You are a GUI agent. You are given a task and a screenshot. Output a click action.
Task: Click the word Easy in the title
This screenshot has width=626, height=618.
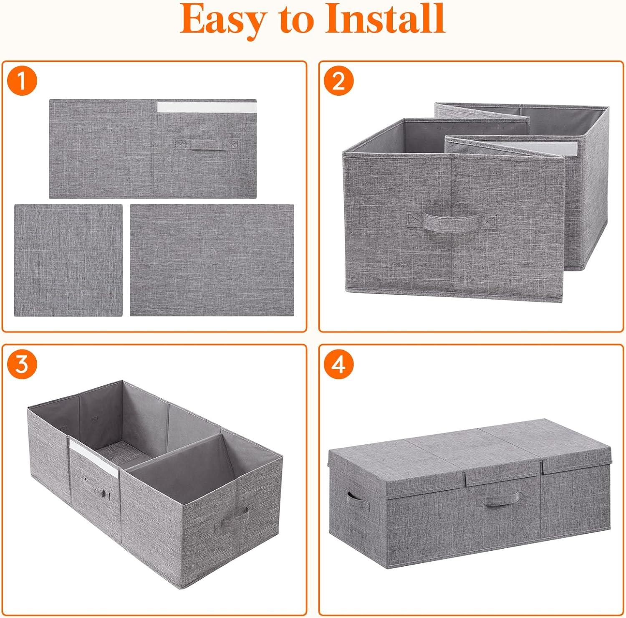coord(222,20)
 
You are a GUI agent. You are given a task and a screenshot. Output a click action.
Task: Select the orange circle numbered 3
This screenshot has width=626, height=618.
coord(22,364)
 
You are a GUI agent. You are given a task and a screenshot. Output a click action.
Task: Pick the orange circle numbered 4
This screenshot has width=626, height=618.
coord(339,364)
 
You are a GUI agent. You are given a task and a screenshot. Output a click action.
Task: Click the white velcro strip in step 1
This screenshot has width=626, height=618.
coord(207,107)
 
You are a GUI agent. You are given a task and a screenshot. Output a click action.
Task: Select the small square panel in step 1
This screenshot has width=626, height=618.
coord(68,260)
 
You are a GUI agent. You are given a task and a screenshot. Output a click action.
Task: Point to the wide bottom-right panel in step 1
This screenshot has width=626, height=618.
coord(212,260)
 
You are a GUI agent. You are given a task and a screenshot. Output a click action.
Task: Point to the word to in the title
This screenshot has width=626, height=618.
coord(294,20)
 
